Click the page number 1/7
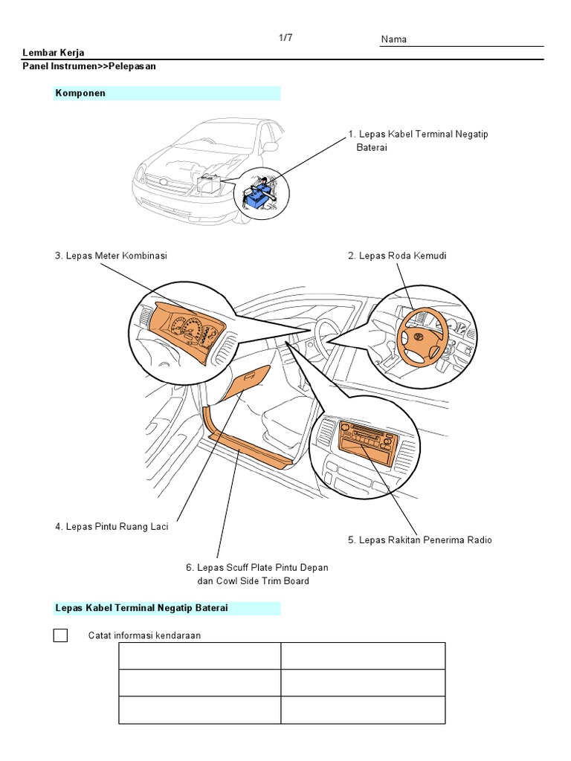coord(285,38)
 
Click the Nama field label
coord(393,39)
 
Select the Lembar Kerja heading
coord(53,53)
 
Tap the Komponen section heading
coord(80,93)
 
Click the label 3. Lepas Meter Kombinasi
coord(111,256)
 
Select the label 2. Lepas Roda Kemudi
coord(397,256)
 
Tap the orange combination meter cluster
coord(186,328)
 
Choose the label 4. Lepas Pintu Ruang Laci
coord(112,527)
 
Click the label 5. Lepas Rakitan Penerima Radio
coord(419,540)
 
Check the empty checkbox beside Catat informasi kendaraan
coord(60,635)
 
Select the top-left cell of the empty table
coord(199,655)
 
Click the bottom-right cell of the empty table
coord(363,710)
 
